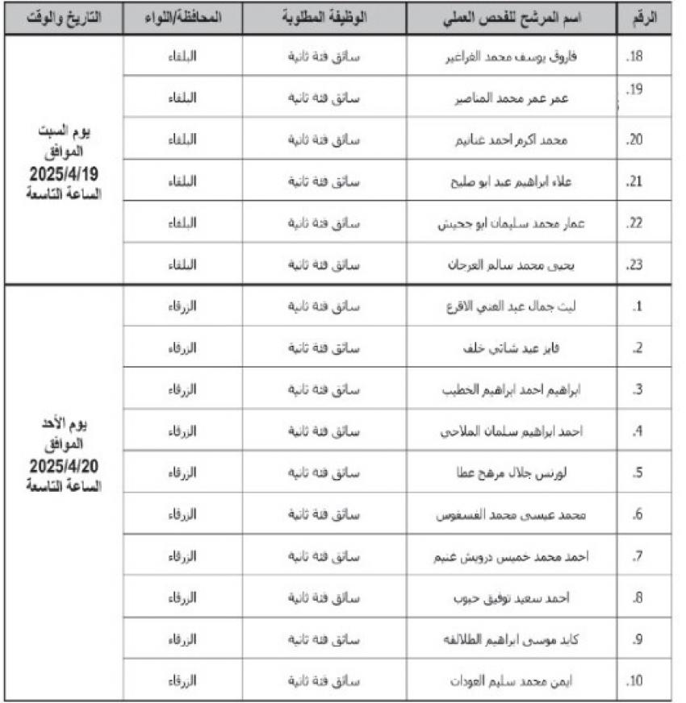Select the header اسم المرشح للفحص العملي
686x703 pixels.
512,18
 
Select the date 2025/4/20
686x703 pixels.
64,467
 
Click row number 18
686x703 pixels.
634,57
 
